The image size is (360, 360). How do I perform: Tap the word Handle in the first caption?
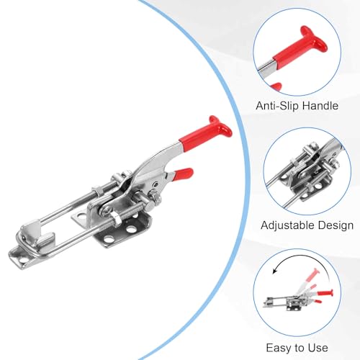(320, 106)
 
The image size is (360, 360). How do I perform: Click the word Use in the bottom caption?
(318, 348)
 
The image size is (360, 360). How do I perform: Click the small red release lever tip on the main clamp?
(183, 174)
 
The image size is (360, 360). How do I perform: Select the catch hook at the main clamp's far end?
(36, 234)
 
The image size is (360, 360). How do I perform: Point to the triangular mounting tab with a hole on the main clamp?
(81, 218)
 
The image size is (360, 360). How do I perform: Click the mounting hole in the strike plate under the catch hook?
(23, 260)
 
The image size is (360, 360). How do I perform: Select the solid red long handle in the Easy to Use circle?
(325, 293)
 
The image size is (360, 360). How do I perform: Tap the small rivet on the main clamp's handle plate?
(156, 184)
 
